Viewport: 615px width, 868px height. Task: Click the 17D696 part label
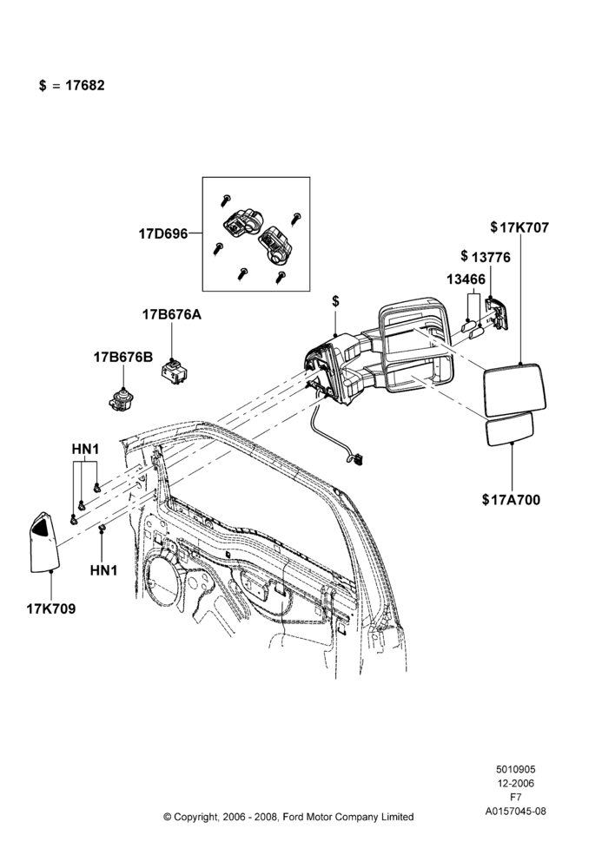coord(163,233)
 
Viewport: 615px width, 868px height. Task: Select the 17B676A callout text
coord(172,315)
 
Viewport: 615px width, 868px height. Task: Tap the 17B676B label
coord(122,358)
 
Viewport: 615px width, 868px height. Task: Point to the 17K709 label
coord(51,609)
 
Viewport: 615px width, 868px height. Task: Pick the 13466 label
coord(466,279)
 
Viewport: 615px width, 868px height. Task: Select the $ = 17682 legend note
coord(71,86)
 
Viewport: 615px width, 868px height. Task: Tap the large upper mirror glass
coord(517,390)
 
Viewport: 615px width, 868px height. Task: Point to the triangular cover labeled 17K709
coord(43,542)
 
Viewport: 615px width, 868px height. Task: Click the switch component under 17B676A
coord(173,372)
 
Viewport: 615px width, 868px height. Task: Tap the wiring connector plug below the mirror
coord(358,459)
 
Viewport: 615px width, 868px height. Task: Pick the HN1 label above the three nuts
coord(85,450)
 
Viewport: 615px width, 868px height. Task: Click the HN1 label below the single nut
coord(103,570)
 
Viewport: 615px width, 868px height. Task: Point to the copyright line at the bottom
coord(288,817)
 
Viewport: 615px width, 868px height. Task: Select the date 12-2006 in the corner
coord(515,783)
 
